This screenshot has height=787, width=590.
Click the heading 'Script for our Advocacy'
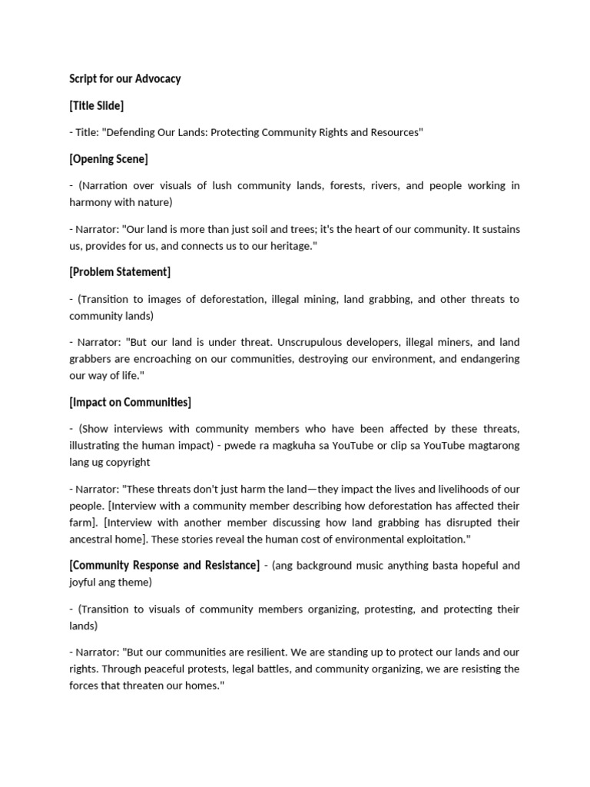tap(124, 79)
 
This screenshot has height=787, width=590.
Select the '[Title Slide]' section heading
tap(96, 105)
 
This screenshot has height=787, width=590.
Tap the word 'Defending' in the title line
tap(130, 132)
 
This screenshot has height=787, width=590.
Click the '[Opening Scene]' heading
tap(108, 159)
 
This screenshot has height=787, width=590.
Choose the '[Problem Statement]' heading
tap(120, 272)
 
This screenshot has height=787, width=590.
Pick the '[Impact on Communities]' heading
tap(130, 402)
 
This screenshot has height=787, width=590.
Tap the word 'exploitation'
tap(434, 540)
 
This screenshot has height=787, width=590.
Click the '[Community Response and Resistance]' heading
tap(164, 566)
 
